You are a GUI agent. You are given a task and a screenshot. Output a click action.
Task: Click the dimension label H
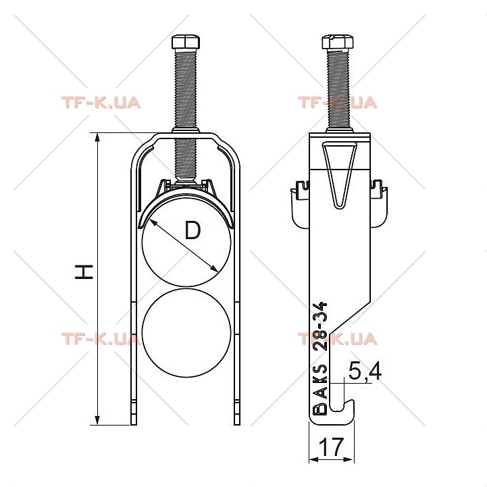[x=84, y=272]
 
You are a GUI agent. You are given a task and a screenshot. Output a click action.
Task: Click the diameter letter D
[x=193, y=230]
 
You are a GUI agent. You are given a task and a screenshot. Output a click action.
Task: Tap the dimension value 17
[x=332, y=447]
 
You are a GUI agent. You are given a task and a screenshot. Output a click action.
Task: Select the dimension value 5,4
[x=365, y=371]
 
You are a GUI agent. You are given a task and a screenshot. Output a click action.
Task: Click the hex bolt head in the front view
[x=186, y=42]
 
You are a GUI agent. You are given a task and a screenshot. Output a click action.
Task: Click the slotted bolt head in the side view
[x=338, y=42]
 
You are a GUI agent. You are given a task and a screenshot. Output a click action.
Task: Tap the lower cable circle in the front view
[x=186, y=333]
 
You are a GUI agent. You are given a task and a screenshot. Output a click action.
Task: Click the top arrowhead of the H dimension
[x=97, y=138]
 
